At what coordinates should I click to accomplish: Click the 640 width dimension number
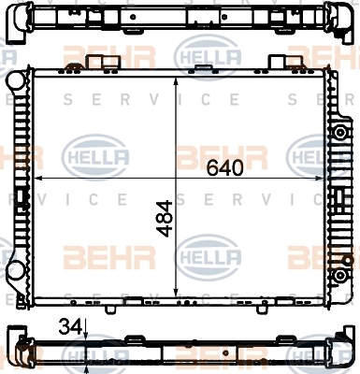click(225, 168)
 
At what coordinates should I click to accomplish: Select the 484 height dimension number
click(164, 219)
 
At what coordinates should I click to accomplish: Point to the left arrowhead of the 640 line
click(37, 179)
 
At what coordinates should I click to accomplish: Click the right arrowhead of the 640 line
click(320, 179)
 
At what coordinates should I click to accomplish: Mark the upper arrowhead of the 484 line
click(176, 81)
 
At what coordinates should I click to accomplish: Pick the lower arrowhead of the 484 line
click(176, 293)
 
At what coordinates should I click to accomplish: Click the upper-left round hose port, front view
click(14, 80)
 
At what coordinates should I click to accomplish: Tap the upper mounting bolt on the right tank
click(339, 133)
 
